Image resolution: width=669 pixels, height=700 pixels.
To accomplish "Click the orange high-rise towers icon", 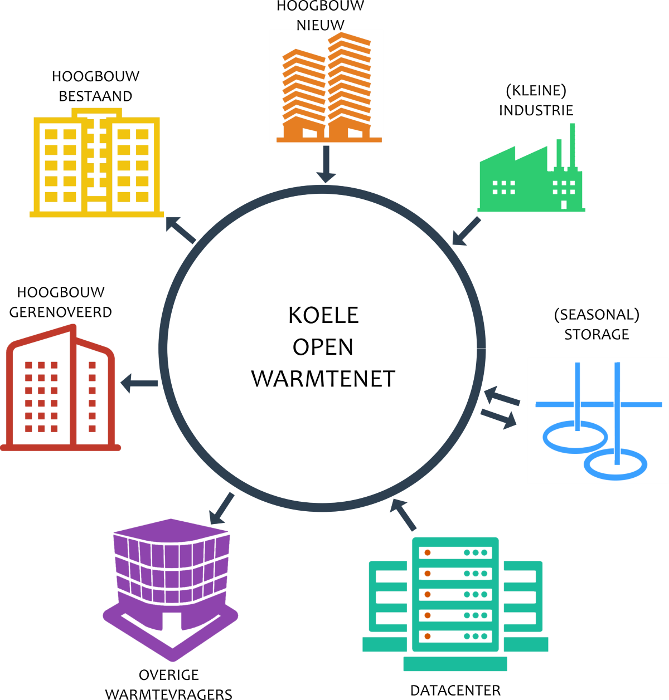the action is point(329,87).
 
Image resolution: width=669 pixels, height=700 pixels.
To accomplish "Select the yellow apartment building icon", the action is point(96,163).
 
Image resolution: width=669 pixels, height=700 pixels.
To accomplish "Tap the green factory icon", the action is point(531,168).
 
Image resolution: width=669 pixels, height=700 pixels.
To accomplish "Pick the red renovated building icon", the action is point(60,388).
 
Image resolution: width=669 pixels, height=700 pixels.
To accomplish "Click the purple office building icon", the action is point(170,590).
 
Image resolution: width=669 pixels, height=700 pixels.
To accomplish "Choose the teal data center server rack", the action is point(455,604).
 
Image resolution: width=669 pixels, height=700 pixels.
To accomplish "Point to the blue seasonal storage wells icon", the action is point(598,421).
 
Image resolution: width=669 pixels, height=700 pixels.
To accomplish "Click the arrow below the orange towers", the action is point(326,164).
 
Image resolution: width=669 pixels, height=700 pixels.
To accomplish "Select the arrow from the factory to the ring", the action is point(466,231).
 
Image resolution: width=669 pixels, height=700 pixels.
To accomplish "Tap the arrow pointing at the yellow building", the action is point(181,230).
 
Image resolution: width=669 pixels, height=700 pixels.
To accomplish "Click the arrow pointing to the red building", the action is point(139,384).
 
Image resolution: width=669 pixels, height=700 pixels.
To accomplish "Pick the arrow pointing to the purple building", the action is point(222,508).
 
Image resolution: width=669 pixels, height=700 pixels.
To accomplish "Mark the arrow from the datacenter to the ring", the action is point(403,515).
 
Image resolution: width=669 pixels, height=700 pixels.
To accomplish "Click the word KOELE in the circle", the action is point(323,315).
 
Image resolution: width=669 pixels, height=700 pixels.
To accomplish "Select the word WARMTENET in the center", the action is point(323,379).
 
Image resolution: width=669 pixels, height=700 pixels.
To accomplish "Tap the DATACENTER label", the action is point(455,691).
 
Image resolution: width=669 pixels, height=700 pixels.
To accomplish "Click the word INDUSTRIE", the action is point(536,110).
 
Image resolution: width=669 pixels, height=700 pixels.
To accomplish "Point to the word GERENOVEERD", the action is point(61,312).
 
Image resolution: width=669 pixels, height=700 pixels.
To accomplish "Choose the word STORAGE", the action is point(597,335).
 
